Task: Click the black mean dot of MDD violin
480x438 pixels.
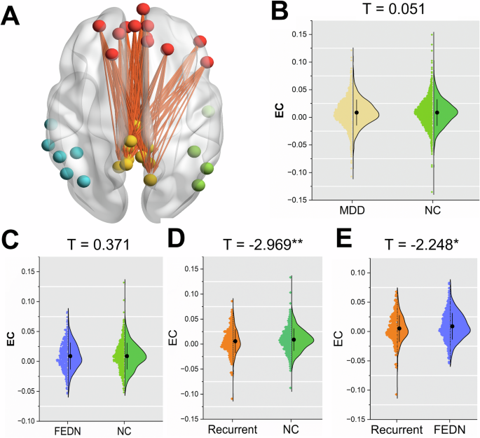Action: (x=357, y=112)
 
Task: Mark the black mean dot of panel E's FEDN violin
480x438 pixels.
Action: (x=453, y=326)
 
